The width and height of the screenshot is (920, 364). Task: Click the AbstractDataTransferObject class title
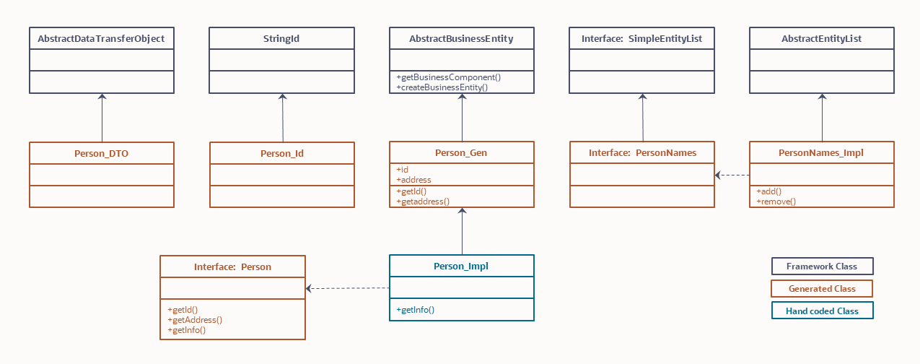(102, 39)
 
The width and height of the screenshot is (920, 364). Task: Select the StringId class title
(281, 39)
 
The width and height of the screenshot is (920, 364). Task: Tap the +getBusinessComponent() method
(448, 77)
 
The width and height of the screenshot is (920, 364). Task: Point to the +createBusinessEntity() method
(442, 87)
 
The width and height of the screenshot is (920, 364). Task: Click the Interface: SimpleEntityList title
(641, 39)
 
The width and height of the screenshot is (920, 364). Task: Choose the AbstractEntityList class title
(821, 39)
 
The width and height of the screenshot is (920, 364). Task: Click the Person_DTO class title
(102, 153)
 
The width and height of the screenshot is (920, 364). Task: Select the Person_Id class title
(282, 153)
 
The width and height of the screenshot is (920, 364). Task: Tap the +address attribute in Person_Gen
(413, 180)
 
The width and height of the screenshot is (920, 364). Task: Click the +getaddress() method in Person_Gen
(423, 201)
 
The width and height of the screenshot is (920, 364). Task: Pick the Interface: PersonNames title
(641, 153)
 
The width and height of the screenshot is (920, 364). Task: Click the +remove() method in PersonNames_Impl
(776, 201)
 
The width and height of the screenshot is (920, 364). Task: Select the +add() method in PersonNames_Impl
(769, 191)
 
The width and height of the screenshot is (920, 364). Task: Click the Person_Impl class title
(461, 266)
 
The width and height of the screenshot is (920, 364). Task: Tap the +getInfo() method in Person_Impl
(416, 310)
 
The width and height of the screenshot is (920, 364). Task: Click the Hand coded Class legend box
(822, 311)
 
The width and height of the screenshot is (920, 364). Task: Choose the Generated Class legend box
(822, 289)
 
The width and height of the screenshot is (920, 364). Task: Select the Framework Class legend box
(822, 266)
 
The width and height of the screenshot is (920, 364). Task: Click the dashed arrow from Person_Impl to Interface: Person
(348, 288)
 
